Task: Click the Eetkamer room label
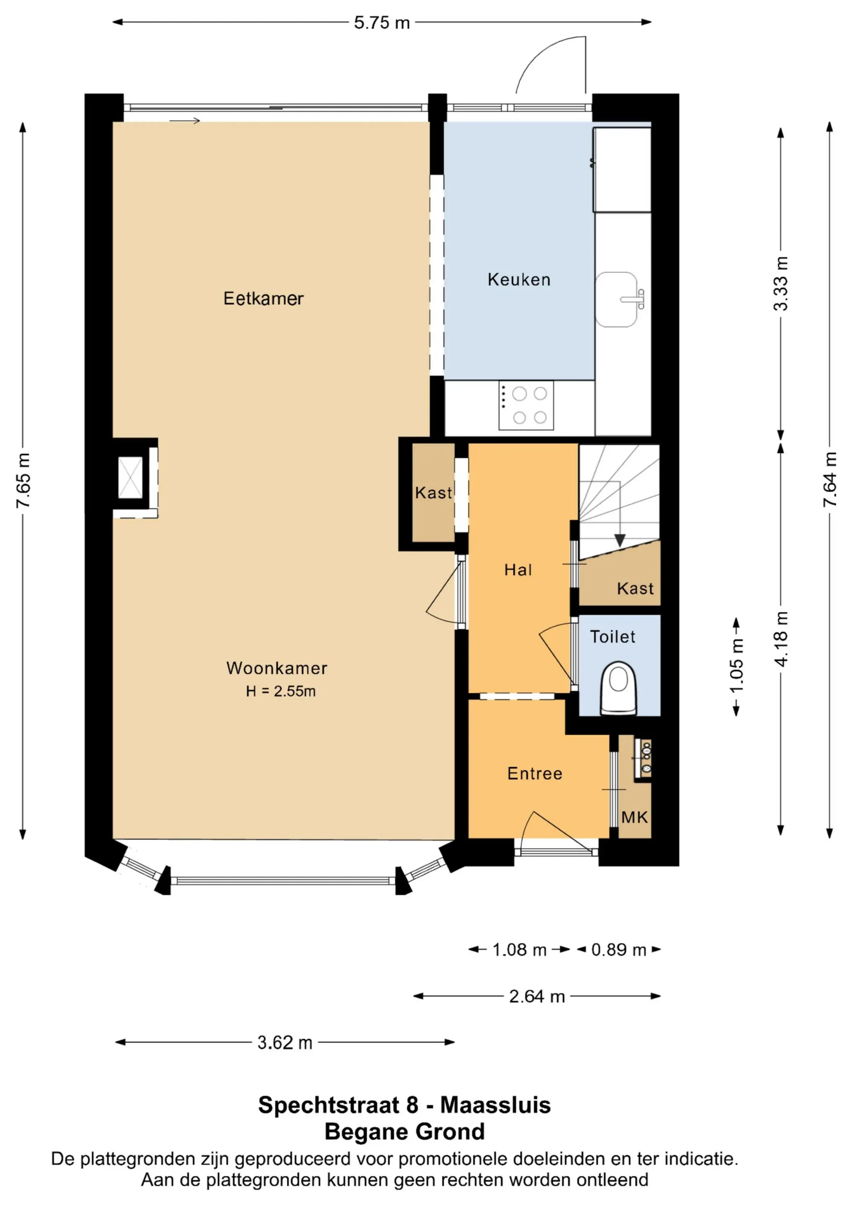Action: pyautogui.click(x=264, y=298)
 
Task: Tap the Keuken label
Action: pyautogui.click(x=519, y=279)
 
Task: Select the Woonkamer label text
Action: pyautogui.click(x=277, y=668)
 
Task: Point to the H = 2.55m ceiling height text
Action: pyautogui.click(x=281, y=691)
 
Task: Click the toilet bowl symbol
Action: pyautogui.click(x=619, y=688)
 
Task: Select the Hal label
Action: pyautogui.click(x=518, y=570)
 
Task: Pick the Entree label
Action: pyautogui.click(x=535, y=774)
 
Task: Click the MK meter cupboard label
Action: pyautogui.click(x=635, y=817)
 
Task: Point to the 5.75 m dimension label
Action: pyautogui.click(x=382, y=23)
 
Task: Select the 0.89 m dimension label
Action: pyautogui.click(x=619, y=950)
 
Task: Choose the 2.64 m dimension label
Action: pyautogui.click(x=537, y=997)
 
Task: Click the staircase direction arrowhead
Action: pyautogui.click(x=620, y=541)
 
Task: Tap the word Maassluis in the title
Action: pyautogui.click(x=496, y=1105)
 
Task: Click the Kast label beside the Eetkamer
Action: pyautogui.click(x=433, y=493)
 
